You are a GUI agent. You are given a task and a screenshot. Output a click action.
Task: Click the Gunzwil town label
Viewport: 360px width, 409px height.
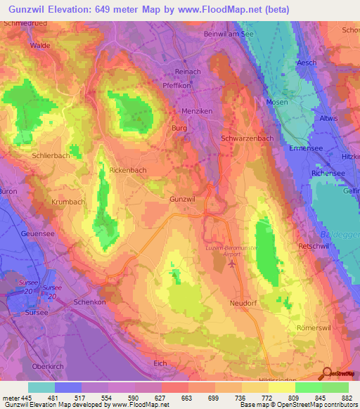point(181,200)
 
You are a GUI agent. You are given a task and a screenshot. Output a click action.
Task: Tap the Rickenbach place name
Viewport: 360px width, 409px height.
point(127,170)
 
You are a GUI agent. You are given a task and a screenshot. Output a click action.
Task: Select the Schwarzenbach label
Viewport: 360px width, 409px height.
point(247,138)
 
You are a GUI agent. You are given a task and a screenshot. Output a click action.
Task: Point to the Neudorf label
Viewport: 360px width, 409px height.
point(244,303)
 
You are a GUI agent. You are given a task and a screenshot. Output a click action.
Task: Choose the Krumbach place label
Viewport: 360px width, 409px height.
point(67,202)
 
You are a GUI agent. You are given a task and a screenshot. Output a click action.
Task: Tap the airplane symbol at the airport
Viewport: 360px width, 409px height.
point(233,264)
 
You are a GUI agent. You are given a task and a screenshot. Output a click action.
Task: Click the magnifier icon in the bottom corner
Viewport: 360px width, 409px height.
point(327,375)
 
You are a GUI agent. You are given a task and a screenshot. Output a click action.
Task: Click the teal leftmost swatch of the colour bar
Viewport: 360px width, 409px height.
point(41,387)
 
